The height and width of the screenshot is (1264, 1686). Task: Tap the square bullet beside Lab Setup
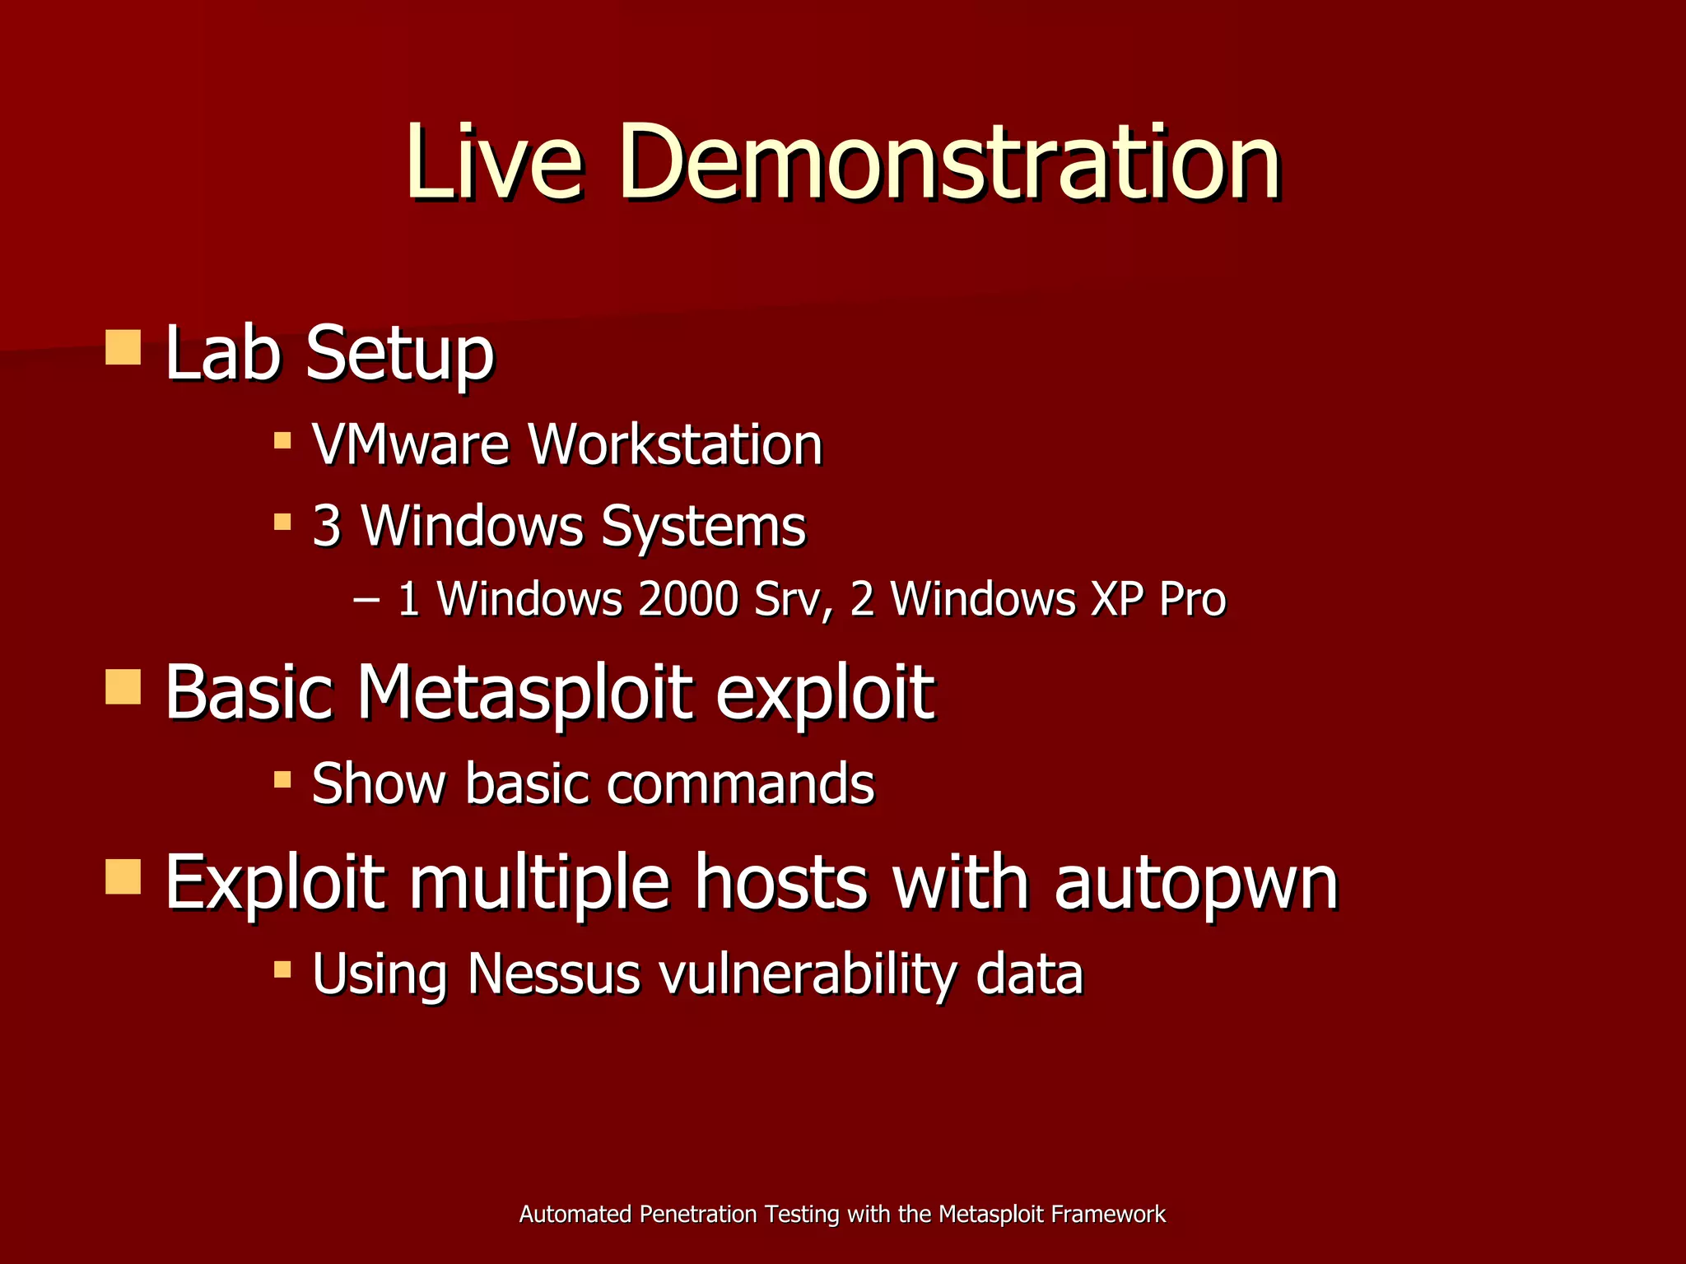[x=123, y=347]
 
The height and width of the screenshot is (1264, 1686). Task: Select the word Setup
[x=400, y=354]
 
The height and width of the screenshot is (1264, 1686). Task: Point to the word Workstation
[x=675, y=444]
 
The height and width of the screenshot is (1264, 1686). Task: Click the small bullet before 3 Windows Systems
[x=282, y=522]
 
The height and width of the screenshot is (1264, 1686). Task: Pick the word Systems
[x=703, y=527]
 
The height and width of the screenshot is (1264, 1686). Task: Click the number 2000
[x=687, y=598]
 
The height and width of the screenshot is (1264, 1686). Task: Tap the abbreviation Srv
[x=793, y=598]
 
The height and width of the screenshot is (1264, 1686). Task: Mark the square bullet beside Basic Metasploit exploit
[x=123, y=686]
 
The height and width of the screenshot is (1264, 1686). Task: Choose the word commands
[x=740, y=783]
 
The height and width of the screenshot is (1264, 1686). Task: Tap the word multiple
[x=539, y=883]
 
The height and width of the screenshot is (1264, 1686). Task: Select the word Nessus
[x=554, y=974]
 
